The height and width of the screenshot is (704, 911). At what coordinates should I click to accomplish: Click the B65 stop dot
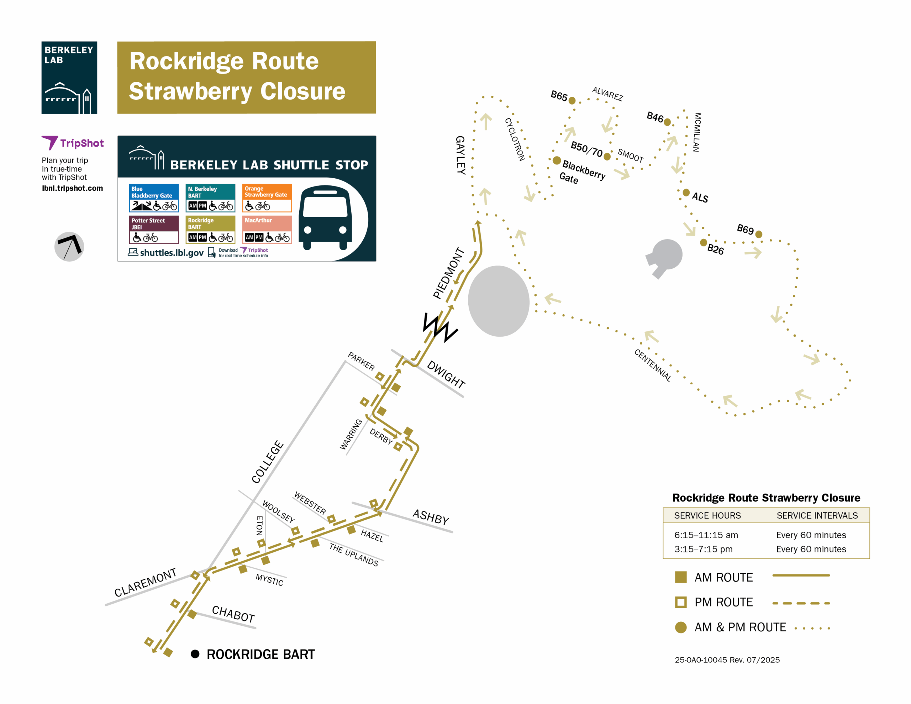[572, 101]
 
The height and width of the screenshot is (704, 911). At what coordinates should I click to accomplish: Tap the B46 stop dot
[667, 122]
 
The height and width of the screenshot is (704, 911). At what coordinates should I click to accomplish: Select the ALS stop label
[700, 198]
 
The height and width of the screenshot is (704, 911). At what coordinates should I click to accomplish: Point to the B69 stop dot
[759, 234]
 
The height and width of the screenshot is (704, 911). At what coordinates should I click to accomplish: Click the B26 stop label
[715, 249]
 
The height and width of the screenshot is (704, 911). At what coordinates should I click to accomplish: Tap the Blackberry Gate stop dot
[557, 160]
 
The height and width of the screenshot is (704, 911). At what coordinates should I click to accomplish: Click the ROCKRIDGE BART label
[261, 654]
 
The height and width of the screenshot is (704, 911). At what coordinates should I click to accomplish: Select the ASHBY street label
[431, 517]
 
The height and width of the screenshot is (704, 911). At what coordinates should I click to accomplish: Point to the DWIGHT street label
[446, 374]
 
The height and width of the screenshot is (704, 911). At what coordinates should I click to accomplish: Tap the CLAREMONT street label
[145, 583]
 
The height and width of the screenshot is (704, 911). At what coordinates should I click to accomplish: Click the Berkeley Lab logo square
[69, 78]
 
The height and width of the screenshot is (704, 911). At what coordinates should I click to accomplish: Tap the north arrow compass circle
[69, 247]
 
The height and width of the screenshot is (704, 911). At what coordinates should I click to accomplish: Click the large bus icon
[325, 217]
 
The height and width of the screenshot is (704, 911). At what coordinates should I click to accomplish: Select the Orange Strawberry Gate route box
[267, 198]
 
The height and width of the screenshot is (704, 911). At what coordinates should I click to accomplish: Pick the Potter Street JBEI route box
[153, 230]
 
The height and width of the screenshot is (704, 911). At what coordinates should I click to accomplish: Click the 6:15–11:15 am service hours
[706, 535]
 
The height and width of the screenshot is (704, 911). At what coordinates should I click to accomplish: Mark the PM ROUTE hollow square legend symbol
[681, 602]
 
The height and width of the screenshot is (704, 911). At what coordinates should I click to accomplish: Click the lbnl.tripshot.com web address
[72, 188]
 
